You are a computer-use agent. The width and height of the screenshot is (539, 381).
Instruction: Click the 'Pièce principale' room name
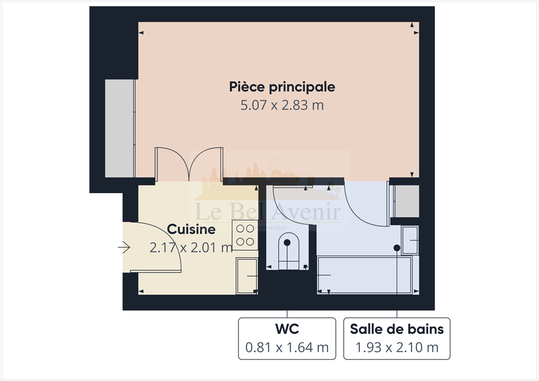tap(282, 86)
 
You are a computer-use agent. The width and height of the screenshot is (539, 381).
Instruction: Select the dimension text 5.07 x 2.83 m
tap(282, 105)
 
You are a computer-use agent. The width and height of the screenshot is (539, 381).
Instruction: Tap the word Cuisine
tap(191, 229)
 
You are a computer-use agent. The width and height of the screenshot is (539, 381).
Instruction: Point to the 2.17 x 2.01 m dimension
tap(191, 247)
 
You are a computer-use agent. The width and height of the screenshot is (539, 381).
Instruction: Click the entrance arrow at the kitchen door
tap(124, 247)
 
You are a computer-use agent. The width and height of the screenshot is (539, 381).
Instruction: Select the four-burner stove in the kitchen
tap(245, 235)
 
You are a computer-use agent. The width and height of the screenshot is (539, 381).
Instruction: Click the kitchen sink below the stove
tap(246, 276)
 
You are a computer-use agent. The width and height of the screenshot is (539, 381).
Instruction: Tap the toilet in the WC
tap(287, 251)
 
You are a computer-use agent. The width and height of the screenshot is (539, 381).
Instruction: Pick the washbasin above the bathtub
tap(410, 240)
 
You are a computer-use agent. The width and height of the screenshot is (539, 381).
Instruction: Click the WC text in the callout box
tap(287, 330)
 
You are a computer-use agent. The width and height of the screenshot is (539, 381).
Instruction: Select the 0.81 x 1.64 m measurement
tap(287, 347)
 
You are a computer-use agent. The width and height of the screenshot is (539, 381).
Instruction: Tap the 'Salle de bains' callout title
tap(396, 330)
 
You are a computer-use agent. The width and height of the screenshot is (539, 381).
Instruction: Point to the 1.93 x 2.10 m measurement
tap(396, 347)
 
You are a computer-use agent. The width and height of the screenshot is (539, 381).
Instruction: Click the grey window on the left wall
tap(120, 128)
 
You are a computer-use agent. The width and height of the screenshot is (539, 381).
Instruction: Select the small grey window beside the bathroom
tap(406, 201)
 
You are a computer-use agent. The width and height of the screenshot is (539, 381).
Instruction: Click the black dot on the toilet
tap(287, 243)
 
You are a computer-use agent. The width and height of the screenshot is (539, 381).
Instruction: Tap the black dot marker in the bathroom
tap(396, 247)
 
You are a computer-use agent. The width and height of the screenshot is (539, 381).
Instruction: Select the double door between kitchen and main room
tap(188, 165)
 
